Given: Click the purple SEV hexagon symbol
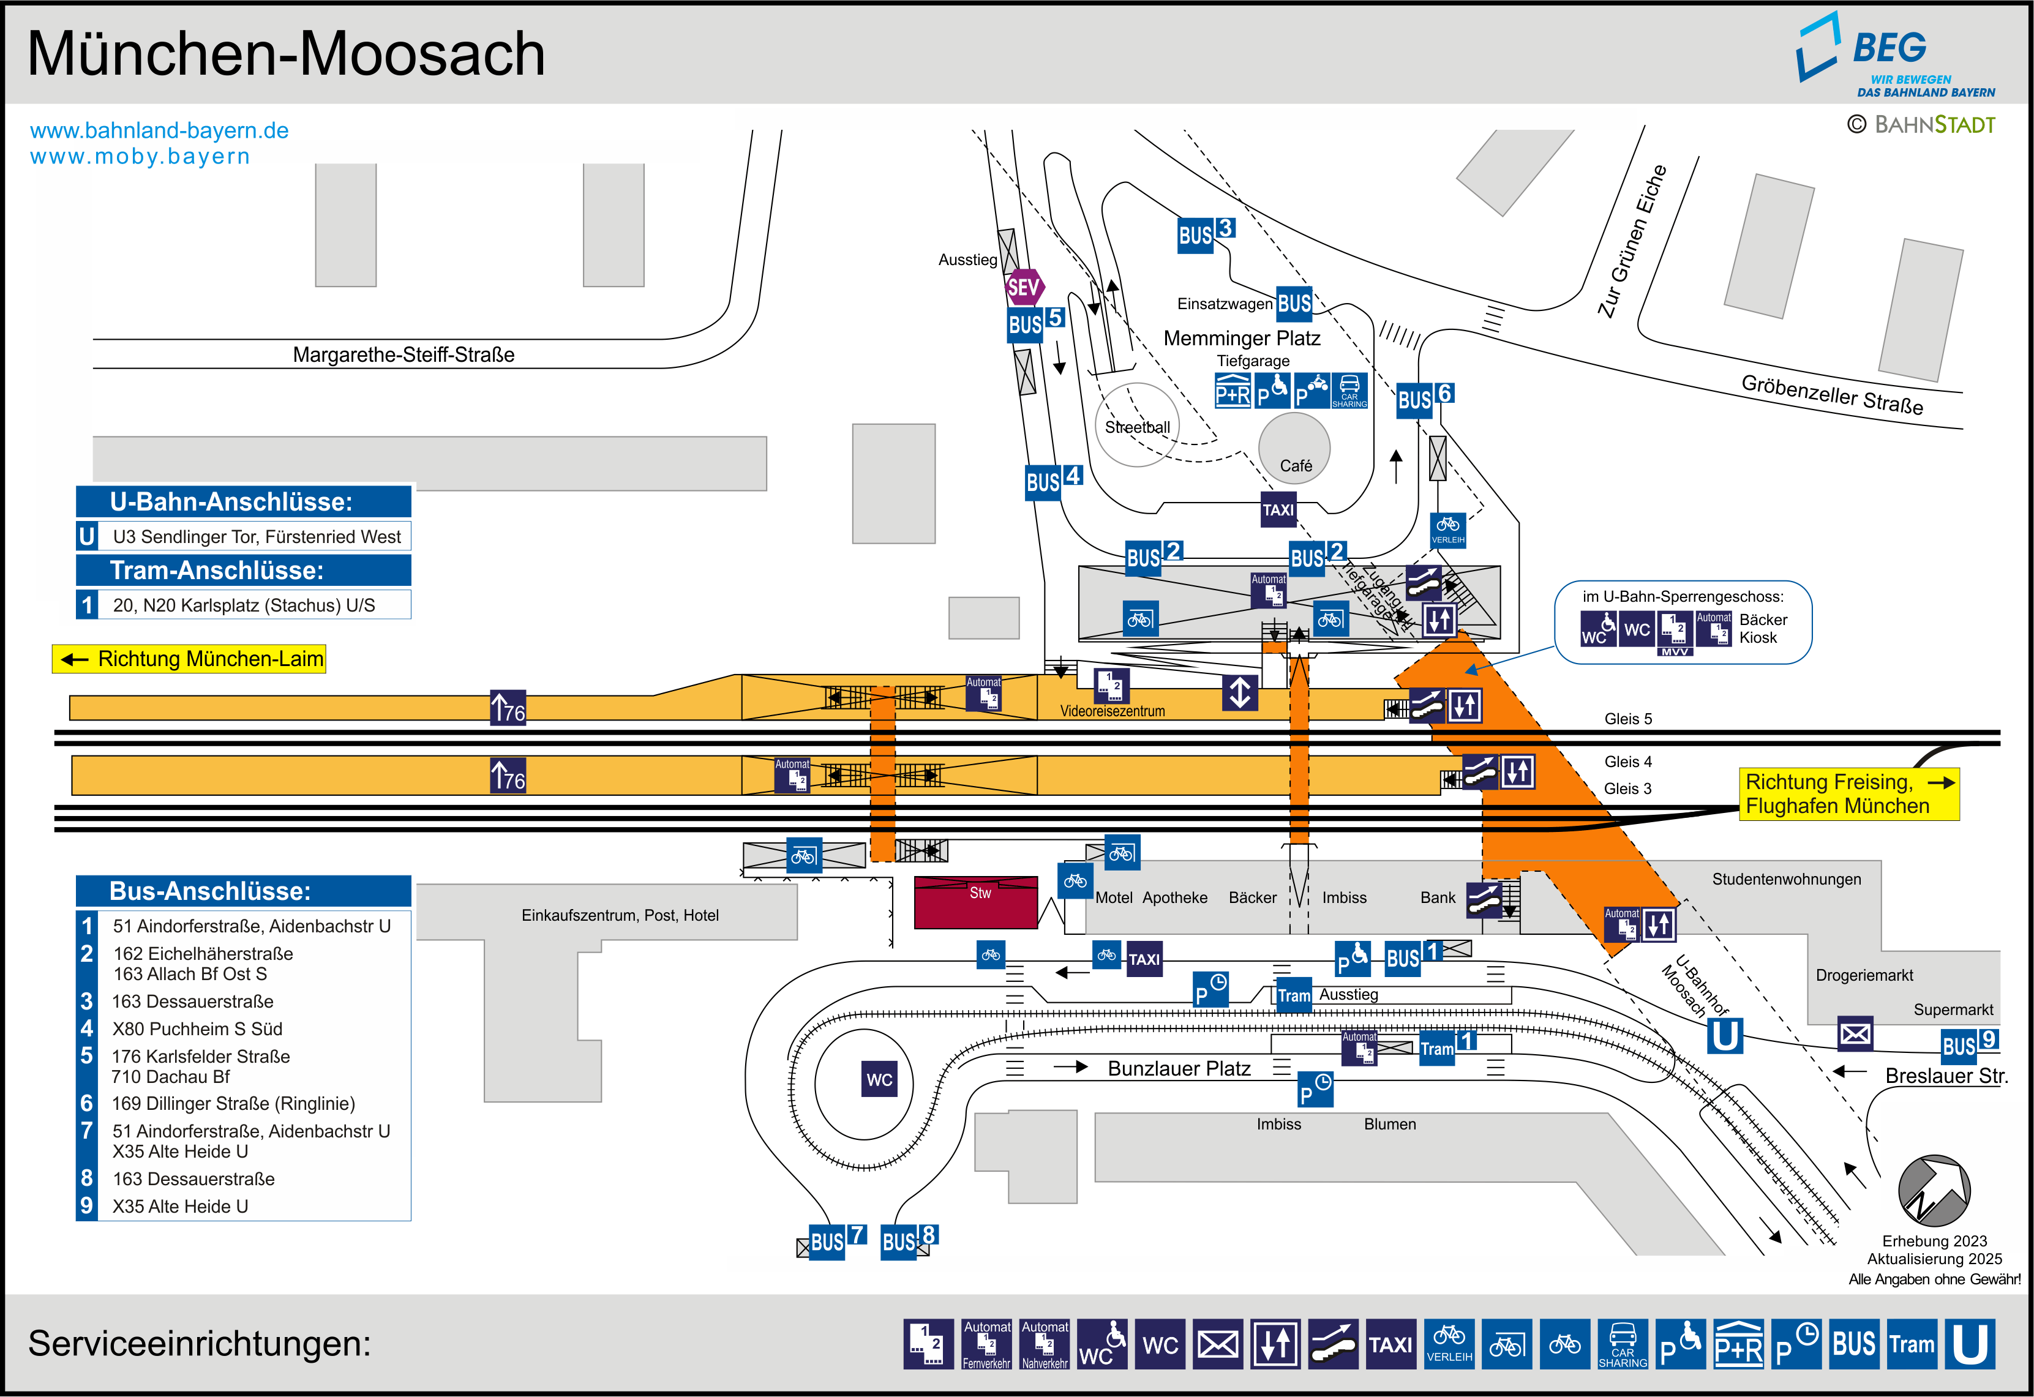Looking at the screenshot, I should [1023, 287].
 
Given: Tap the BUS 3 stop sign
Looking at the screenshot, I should [1205, 234].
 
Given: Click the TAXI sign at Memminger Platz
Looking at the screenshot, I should [1278, 509].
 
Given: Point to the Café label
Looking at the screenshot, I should [1296, 466].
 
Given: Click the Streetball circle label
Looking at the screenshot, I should [1137, 427].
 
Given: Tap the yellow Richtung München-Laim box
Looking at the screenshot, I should [189, 659].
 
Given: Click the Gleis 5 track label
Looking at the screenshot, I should [1628, 719].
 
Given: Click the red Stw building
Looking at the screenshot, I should [976, 902].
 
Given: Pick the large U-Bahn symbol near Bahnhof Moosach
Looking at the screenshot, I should [1724, 1035].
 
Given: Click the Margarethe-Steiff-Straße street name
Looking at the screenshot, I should [403, 354].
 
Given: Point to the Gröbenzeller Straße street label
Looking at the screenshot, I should [1832, 394].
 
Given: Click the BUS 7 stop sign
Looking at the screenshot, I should [836, 1240].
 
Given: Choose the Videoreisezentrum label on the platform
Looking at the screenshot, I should [1113, 711].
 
